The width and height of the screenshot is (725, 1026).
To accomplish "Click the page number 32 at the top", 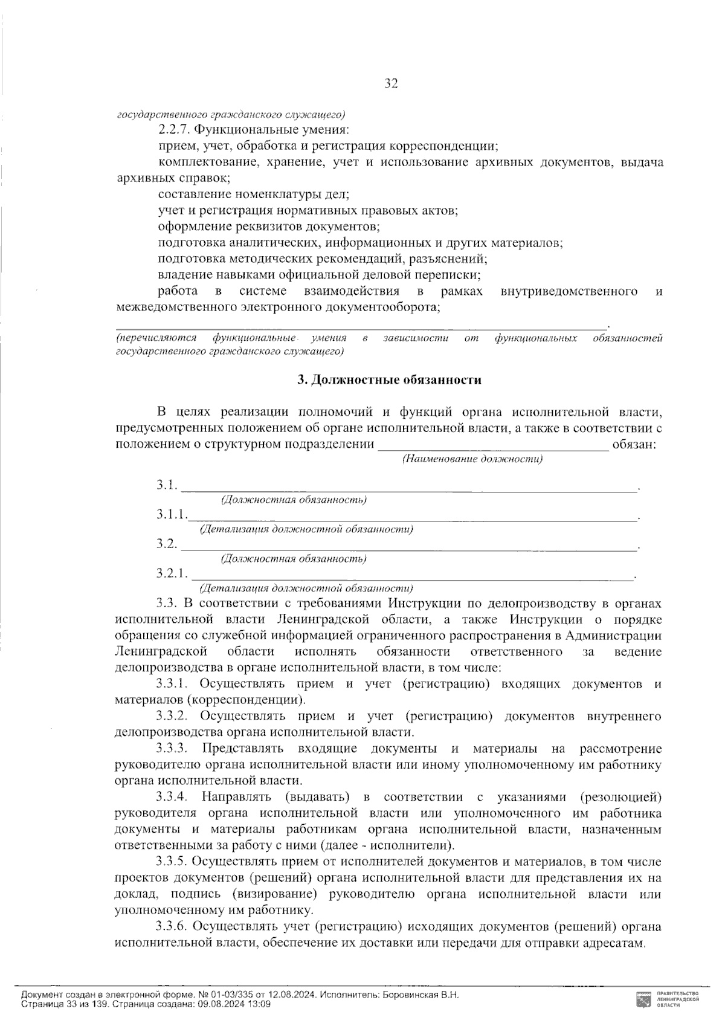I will point(391,84).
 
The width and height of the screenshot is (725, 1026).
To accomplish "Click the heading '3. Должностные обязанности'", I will point(390,380).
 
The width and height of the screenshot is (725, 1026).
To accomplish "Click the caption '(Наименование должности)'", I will point(472,460).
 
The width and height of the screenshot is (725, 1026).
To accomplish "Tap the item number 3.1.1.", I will point(172,515).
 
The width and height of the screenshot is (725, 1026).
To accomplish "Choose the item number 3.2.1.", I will point(172,573).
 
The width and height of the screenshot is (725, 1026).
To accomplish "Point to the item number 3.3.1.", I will point(173,684).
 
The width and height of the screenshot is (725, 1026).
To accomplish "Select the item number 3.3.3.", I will point(173,749).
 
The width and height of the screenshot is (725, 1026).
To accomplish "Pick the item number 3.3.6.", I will point(173,927).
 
